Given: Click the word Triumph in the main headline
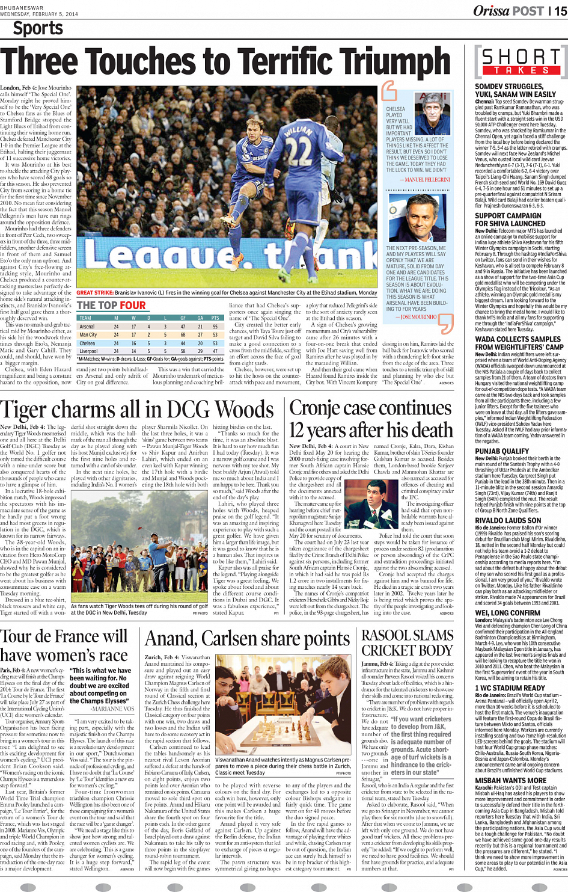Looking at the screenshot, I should pyautogui.click(x=383, y=63).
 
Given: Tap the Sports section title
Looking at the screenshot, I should pyautogui.click(x=38, y=28).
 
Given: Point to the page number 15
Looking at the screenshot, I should pyautogui.click(x=560, y=10).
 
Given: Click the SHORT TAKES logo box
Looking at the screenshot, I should pyautogui.click(x=521, y=61).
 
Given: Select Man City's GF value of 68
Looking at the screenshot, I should pyautogui.click(x=183, y=335).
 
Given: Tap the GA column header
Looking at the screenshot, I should pyautogui.click(x=200, y=318).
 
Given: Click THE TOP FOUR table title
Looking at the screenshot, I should pyautogui.click(x=111, y=306).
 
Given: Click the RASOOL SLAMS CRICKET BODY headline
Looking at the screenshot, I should pyautogui.click(x=407, y=642).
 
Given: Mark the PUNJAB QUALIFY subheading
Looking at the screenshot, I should pyautogui.click(x=502, y=451).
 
